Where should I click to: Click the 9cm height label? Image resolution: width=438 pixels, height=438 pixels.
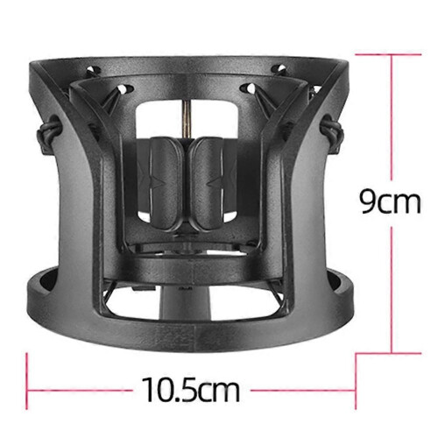(390, 201)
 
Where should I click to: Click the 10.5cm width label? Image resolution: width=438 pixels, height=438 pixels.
(191, 390)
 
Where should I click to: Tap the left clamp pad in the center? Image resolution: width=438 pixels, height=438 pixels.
(166, 183)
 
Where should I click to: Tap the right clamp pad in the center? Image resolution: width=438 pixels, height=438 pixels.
(207, 183)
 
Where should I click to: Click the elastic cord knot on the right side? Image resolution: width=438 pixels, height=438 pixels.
(331, 129)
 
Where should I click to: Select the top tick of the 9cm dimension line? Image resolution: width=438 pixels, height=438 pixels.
(388, 54)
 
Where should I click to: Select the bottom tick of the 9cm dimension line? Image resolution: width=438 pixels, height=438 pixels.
(388, 354)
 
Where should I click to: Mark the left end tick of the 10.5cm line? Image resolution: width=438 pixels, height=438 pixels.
(27, 380)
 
